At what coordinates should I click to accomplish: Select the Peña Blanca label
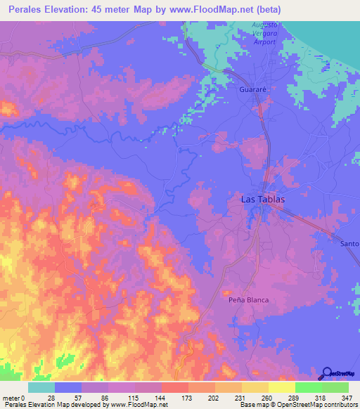pyautogui.click(x=249, y=299)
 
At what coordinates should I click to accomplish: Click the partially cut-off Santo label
pyautogui.click(x=349, y=243)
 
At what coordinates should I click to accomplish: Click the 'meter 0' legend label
pyautogui.click(x=14, y=398)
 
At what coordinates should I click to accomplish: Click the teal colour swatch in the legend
pyautogui.click(x=41, y=387)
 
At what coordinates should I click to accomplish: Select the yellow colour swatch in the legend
pyautogui.click(x=281, y=387)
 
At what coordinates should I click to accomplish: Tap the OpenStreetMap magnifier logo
pyautogui.click(x=326, y=373)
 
